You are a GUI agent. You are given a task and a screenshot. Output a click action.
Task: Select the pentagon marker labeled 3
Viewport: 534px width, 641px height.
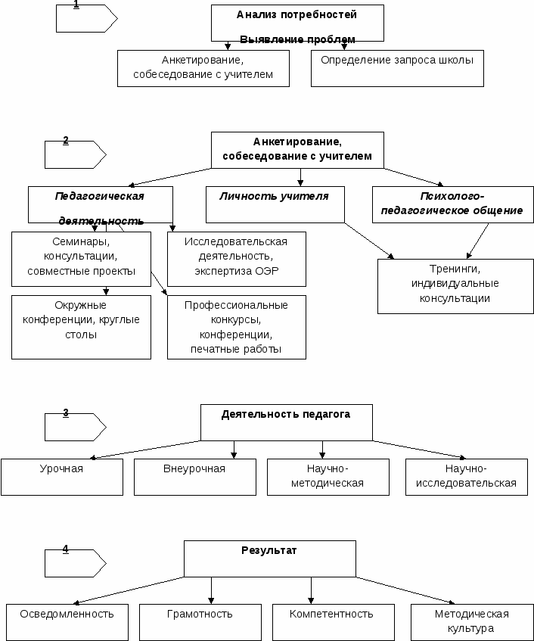pos(75,427)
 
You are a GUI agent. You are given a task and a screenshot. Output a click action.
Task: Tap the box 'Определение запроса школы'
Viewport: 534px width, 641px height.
pos(397,68)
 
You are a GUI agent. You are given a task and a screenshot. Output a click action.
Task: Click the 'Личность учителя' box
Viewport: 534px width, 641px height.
pos(275,205)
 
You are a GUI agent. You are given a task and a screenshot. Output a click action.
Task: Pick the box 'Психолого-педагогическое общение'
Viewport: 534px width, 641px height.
pos(453,205)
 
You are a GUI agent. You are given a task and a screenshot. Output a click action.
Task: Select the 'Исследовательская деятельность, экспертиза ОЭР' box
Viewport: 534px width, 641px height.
pos(237,259)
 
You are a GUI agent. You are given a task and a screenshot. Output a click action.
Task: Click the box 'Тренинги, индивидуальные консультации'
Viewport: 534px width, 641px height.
pos(455,286)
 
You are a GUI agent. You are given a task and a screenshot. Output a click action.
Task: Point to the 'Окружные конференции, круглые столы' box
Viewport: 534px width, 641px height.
pos(81,327)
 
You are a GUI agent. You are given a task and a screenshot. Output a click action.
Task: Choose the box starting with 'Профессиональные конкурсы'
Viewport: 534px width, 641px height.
pos(237,327)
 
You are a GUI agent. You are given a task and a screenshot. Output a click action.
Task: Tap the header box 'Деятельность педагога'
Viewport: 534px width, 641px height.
pos(287,422)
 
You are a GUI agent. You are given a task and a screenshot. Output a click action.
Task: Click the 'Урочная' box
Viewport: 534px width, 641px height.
pos(62,477)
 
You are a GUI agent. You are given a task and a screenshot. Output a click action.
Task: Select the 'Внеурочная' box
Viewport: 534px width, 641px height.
pos(195,477)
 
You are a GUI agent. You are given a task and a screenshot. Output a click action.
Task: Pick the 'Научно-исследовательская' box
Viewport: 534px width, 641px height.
pos(467,477)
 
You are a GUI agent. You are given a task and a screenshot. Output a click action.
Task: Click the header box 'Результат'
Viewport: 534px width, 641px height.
pos(270,559)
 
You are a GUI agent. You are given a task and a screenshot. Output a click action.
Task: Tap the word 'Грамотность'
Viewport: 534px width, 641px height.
pos(200,614)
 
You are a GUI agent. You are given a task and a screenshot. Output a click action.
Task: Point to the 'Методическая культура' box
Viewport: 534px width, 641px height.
pos(472,622)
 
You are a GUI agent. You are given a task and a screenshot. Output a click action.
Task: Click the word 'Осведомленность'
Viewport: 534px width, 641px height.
pos(67,614)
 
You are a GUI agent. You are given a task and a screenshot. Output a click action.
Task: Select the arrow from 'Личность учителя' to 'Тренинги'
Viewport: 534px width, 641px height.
pos(369,241)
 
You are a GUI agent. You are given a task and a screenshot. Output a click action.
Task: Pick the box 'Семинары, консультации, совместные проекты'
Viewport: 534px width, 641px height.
pos(81,259)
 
